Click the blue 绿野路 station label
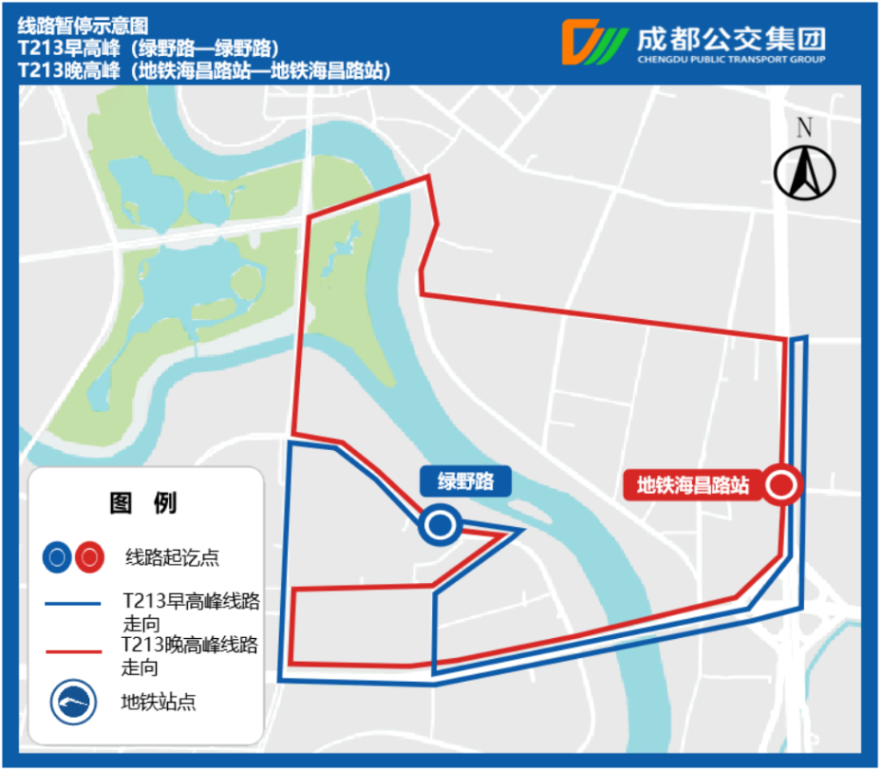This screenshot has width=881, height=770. coord(465,482)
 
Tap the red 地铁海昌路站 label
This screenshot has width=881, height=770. coord(694,484)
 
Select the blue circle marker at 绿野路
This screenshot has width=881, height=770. coord(440,525)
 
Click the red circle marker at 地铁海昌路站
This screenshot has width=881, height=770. coord(782,485)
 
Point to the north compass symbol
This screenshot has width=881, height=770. coord(805,172)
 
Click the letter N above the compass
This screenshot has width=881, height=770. coord(805,128)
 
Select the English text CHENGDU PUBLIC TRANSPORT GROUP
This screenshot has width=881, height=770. coord(730,60)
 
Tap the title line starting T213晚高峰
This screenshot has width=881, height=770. coord(202,71)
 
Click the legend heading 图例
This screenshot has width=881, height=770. coord(144,502)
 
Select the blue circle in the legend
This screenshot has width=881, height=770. coord(58,556)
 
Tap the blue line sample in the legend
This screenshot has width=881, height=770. coord(72,603)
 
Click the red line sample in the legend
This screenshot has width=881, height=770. coord(72,652)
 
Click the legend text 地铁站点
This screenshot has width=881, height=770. coord(159,703)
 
